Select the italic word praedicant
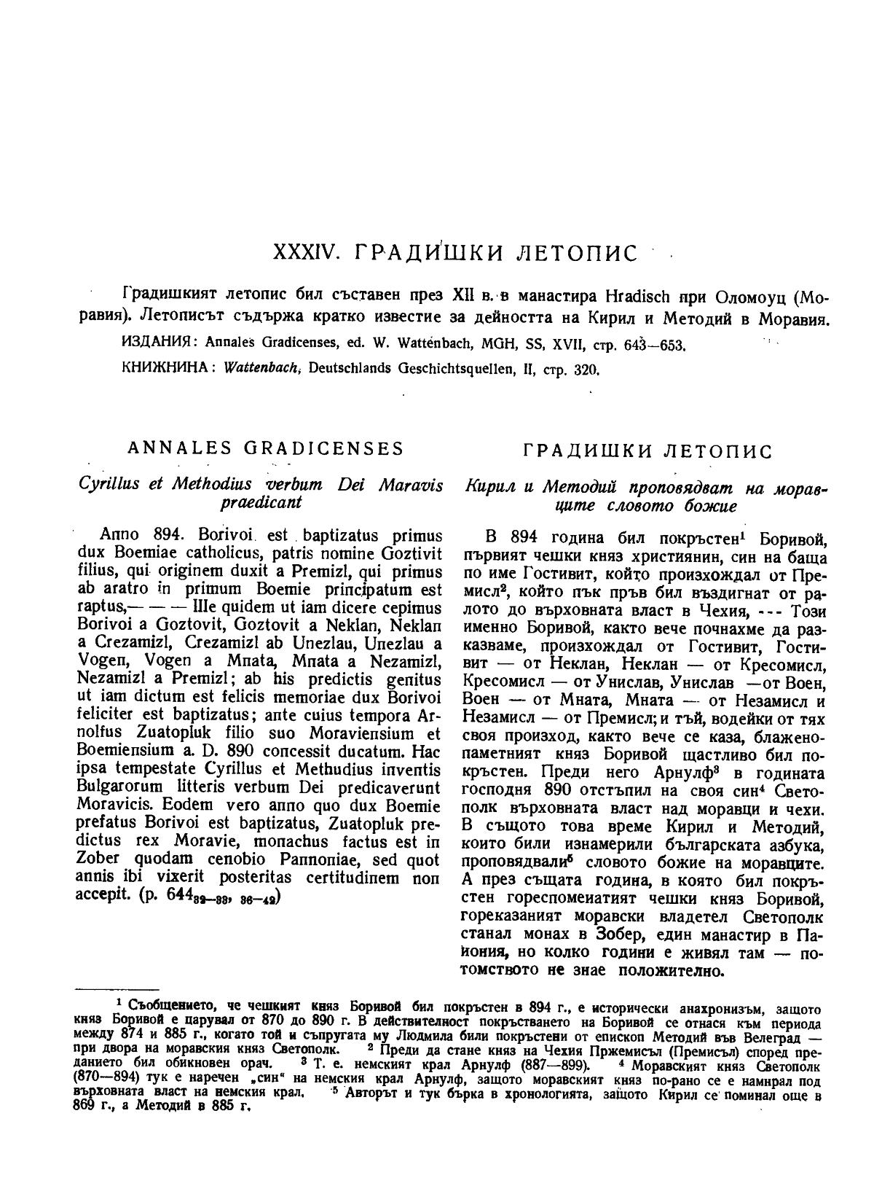[x=261, y=503]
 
